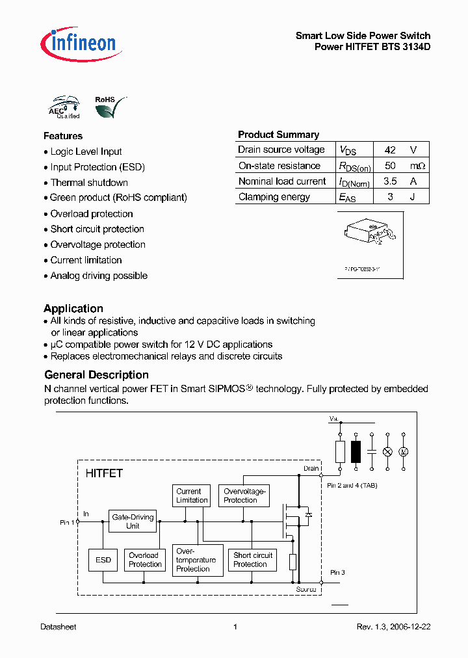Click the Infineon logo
tap(78, 44)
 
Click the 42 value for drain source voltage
tap(390, 150)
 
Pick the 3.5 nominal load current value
tap(390, 181)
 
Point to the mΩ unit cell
tap(417, 166)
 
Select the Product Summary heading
tap(278, 135)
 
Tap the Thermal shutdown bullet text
tap(89, 183)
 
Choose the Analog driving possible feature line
tap(99, 276)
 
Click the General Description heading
tap(96, 375)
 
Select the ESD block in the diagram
tap(103, 560)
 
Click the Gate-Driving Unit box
tap(133, 521)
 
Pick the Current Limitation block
tap(192, 496)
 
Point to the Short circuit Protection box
tap(253, 560)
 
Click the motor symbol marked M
tap(402, 452)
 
